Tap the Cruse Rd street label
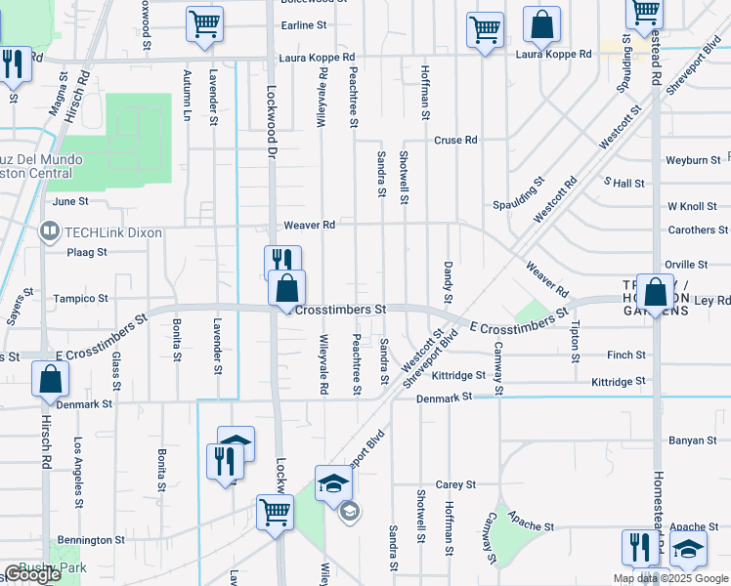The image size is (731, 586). click(455, 141)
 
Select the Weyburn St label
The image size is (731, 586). click(692, 159)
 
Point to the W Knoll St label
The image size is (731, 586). click(692, 207)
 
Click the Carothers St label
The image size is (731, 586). click(698, 230)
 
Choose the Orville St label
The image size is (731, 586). click(685, 265)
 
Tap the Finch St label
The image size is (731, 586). click(625, 356)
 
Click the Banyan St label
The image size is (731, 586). click(692, 440)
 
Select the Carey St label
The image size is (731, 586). click(455, 484)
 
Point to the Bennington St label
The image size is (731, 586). click(90, 539)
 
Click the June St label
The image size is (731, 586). click(70, 201)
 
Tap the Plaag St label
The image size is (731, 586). click(86, 252)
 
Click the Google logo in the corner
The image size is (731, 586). click(31, 574)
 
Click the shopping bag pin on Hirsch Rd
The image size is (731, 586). click(50, 380)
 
